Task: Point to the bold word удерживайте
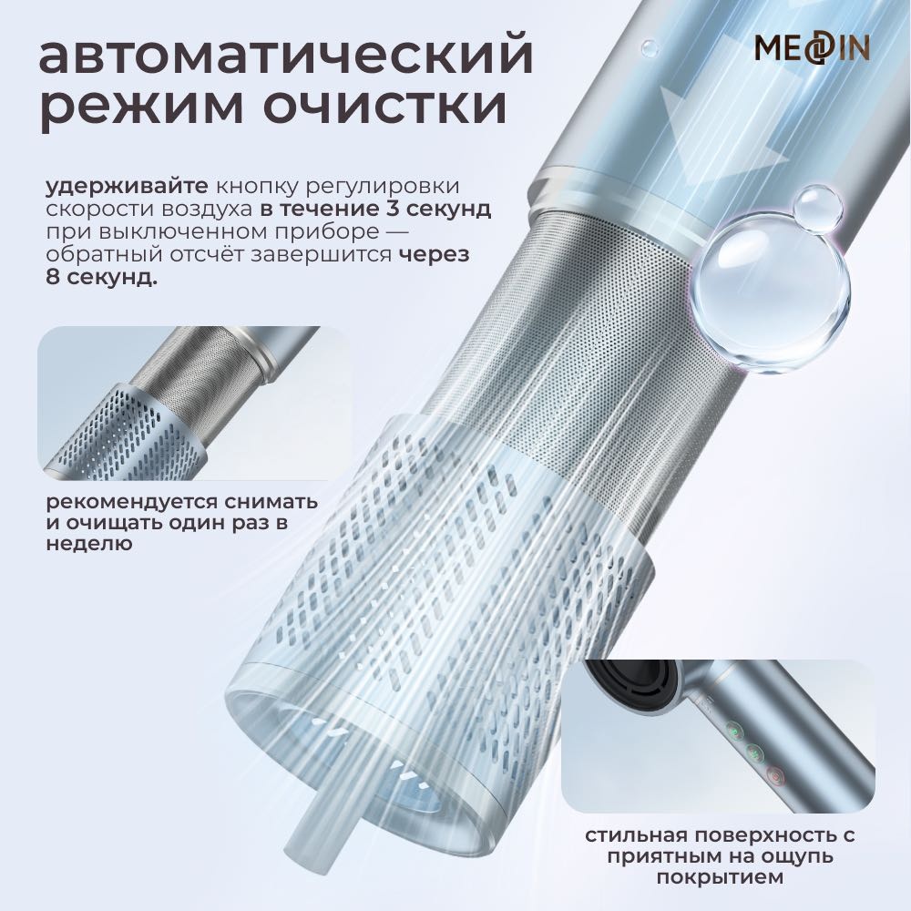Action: click(x=127, y=187)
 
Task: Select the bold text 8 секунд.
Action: click(x=101, y=277)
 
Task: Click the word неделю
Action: click(x=89, y=544)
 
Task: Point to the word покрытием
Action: click(x=720, y=877)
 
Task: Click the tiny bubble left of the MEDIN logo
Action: click(x=650, y=47)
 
